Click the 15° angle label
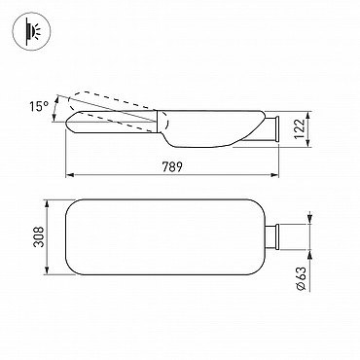(x=39, y=106)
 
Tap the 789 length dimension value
(x=172, y=166)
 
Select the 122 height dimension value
(x=301, y=128)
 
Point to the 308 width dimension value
(x=39, y=236)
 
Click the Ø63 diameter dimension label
(x=302, y=278)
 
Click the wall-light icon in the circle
(x=32, y=30)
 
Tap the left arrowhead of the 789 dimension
(x=70, y=175)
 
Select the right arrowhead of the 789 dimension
(x=275, y=175)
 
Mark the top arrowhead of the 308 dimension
(x=48, y=203)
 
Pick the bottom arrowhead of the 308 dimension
(x=48, y=270)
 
